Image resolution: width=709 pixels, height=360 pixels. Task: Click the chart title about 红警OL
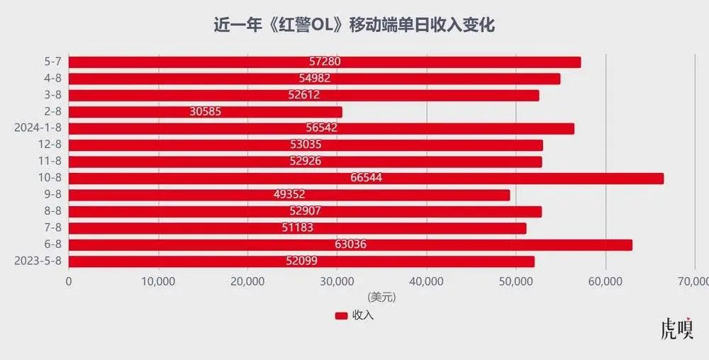(x=354, y=26)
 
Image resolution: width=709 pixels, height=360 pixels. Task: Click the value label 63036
(x=350, y=245)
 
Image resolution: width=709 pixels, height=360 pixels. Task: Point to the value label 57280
(x=325, y=62)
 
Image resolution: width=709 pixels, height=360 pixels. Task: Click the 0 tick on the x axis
(x=69, y=281)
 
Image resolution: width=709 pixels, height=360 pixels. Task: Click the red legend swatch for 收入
(x=341, y=315)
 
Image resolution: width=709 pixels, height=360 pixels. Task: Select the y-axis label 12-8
(x=51, y=145)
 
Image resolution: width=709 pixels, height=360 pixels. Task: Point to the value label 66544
(x=366, y=178)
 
